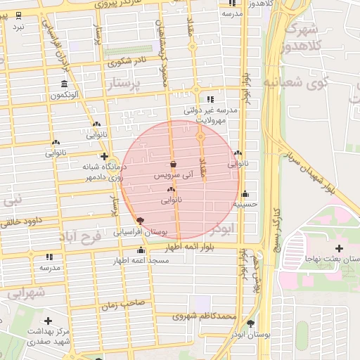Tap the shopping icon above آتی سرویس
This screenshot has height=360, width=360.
[173, 165]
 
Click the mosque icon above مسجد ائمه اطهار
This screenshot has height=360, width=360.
[141, 251]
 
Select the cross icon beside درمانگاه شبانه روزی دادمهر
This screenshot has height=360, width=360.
[105, 157]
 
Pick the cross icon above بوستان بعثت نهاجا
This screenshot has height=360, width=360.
[340, 248]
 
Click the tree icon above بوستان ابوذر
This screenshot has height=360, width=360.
[252, 323]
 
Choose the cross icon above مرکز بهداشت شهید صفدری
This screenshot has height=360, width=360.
[48, 321]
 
